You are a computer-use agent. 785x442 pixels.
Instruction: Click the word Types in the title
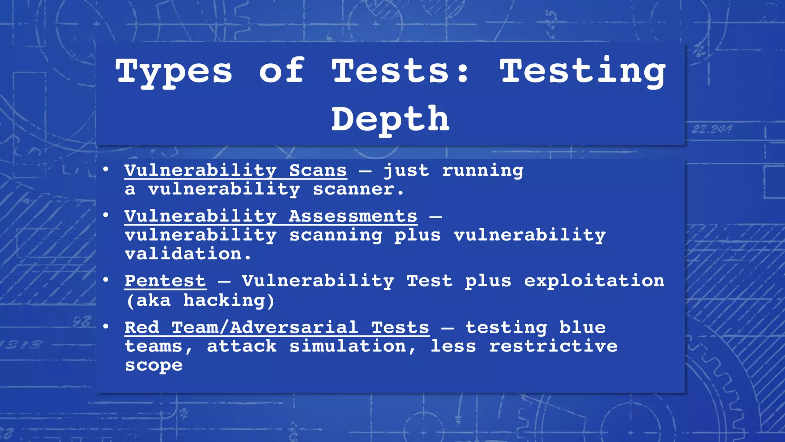[x=174, y=72]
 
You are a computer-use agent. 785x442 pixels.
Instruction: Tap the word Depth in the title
[x=390, y=119]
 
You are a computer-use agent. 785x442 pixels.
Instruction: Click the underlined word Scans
[x=318, y=170]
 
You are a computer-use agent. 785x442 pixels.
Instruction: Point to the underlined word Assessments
[x=353, y=216]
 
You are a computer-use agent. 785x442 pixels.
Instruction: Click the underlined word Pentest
[x=165, y=281]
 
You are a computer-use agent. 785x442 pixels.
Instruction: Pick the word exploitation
[x=594, y=281]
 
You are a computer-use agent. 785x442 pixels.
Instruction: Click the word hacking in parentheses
[x=224, y=300]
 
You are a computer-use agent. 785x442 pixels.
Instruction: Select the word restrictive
[x=553, y=346]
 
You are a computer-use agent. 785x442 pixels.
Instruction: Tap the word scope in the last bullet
[x=154, y=365]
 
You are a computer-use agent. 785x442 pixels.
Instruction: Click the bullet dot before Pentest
[x=106, y=280]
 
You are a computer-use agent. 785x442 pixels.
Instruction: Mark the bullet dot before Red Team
[x=106, y=327]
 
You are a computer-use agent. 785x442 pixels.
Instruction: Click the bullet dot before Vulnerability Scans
[x=106, y=169]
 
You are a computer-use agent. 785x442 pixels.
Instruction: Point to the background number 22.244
[x=712, y=129]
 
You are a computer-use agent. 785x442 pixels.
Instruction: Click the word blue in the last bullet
[x=582, y=328]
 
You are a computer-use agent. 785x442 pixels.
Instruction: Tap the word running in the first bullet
[x=483, y=170]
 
